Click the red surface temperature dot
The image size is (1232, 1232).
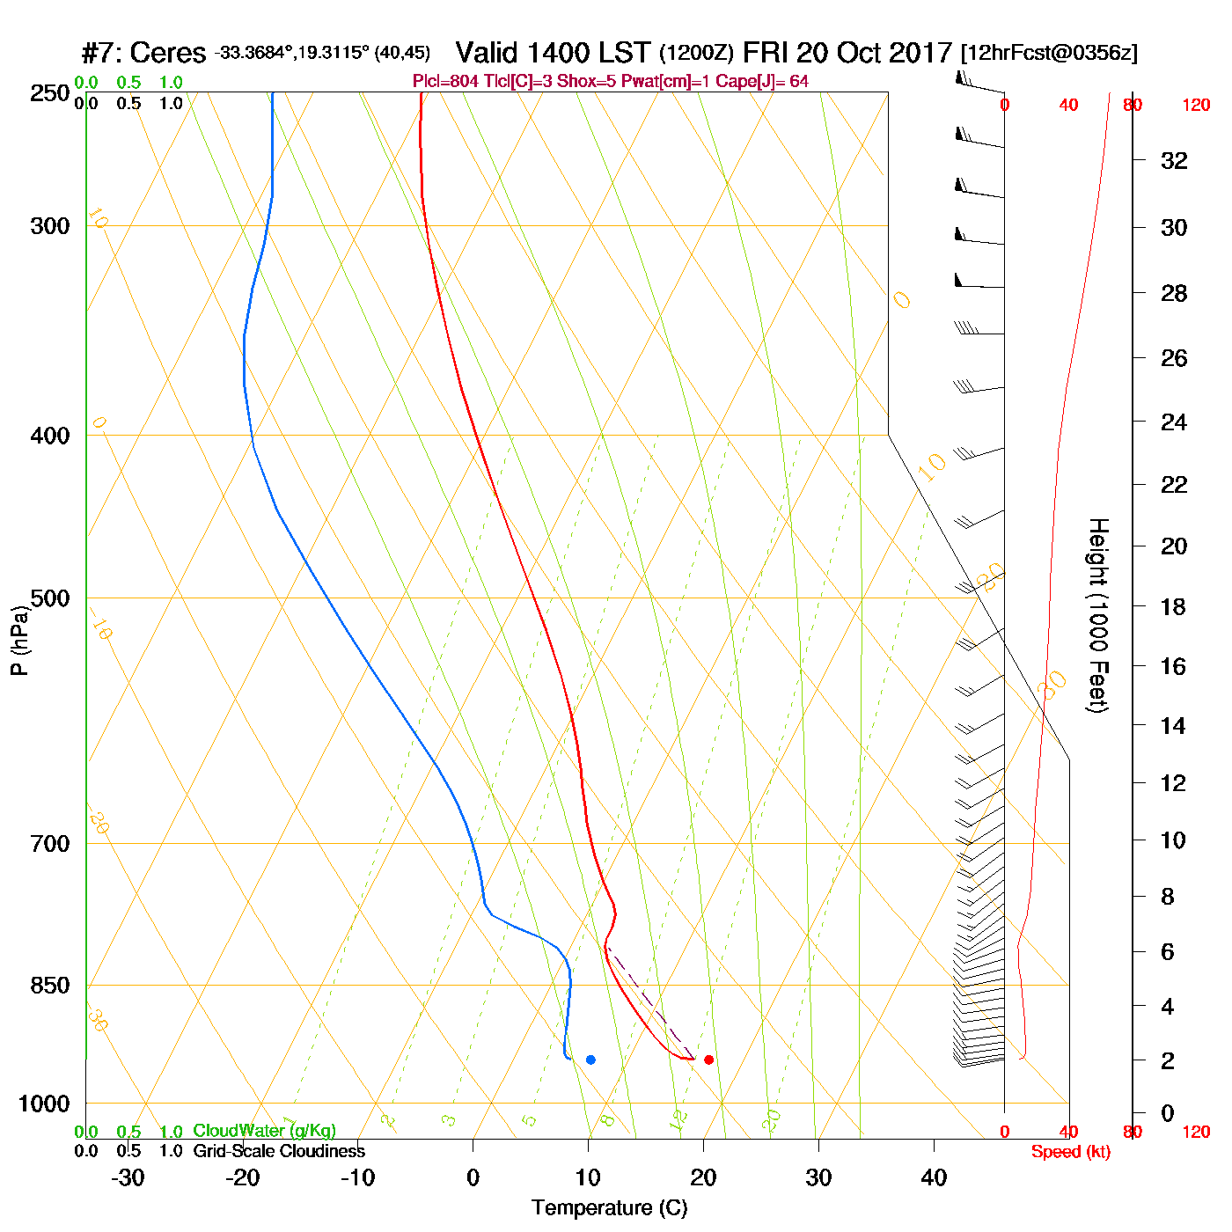tap(708, 1060)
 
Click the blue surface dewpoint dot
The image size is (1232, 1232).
tap(590, 1060)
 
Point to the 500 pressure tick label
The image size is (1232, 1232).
tap(50, 598)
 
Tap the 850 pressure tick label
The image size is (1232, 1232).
tap(50, 986)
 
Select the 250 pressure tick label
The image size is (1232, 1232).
tap(50, 93)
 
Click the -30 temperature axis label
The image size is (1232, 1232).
tap(128, 1177)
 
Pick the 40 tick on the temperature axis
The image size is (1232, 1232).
tap(934, 1177)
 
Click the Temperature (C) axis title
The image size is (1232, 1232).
tap(609, 1208)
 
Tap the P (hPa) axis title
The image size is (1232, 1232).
tap(19, 640)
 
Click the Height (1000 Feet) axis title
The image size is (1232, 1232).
tap(1098, 615)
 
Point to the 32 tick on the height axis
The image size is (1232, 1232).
tap(1174, 160)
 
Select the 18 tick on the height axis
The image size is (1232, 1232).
tap(1174, 606)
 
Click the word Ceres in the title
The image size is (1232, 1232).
tap(167, 53)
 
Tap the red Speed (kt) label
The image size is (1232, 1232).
tap(1071, 1152)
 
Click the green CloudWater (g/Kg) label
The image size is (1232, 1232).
tap(264, 1131)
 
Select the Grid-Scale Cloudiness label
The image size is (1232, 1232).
tap(279, 1151)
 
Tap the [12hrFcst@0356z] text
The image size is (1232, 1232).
tap(1049, 53)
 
